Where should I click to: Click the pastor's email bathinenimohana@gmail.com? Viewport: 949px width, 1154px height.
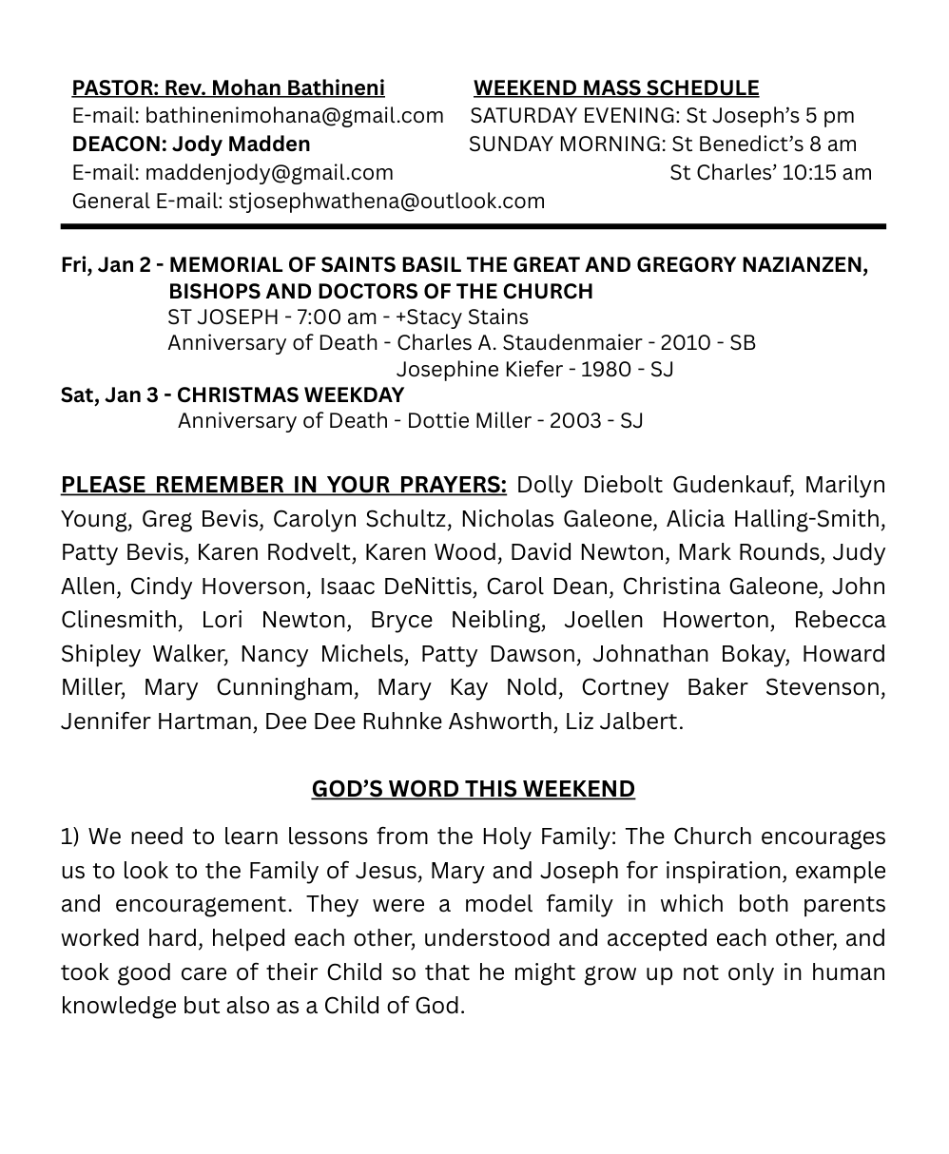294,116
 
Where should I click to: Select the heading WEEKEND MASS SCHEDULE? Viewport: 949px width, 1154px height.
616,88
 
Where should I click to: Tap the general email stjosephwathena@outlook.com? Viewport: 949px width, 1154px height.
386,202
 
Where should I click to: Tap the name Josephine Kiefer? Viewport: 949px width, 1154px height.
478,370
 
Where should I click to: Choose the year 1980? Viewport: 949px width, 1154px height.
607,370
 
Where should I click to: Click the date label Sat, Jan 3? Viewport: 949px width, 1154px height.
109,395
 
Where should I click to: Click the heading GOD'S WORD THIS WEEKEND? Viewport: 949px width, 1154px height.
474,790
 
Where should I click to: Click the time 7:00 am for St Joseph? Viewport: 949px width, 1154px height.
323,317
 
